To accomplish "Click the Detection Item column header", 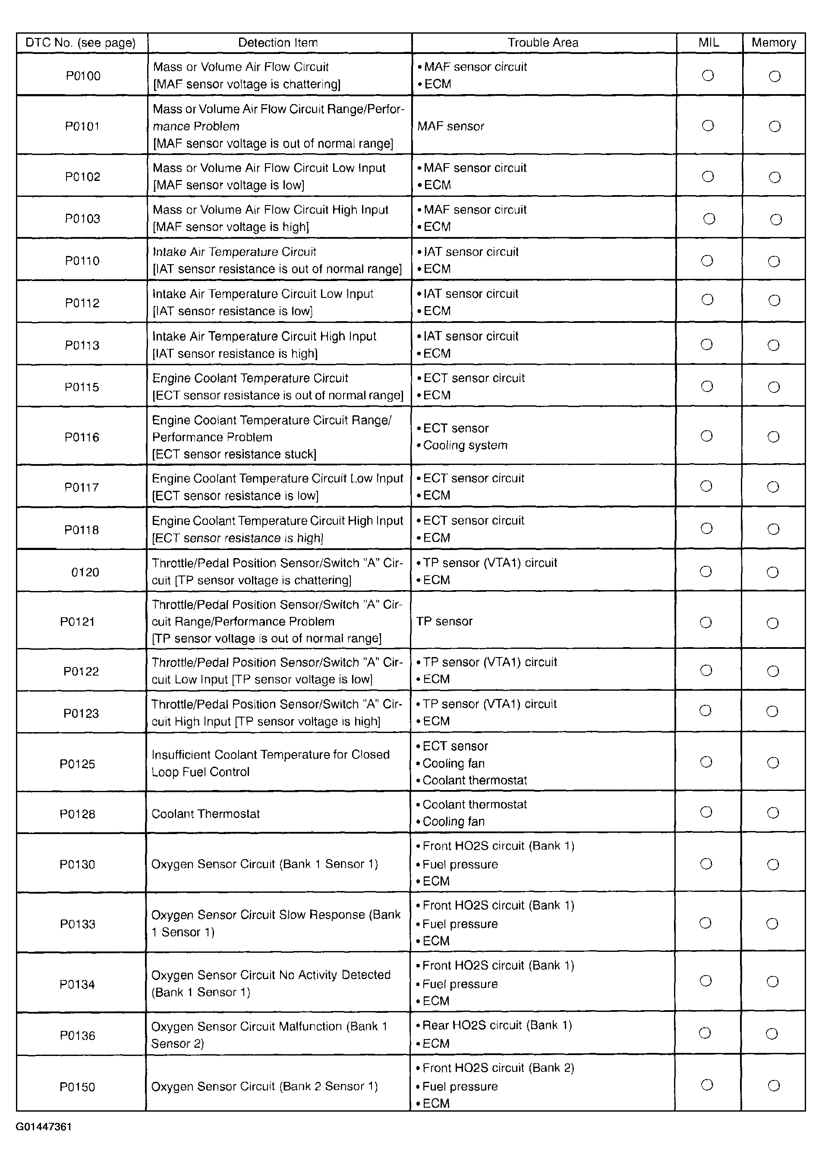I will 278,43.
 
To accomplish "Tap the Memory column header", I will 773,43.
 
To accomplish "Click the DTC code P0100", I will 83,76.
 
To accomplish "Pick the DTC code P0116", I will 82,437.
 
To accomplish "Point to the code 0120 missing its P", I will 85,572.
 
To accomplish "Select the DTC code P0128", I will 77,814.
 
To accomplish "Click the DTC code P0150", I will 77,1087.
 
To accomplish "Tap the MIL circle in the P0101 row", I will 708,126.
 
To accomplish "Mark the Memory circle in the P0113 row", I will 773,345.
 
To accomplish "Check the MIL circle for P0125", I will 706,762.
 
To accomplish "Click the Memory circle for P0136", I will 772,1034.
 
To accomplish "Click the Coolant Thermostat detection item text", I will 205,814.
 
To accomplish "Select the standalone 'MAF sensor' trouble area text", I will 450,126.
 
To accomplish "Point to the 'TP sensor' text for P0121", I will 444,622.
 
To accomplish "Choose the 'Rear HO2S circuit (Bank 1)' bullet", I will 497,1025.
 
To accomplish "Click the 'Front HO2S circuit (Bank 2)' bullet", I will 498,1068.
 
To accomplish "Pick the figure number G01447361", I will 44,1127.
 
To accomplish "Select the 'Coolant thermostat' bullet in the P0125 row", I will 474,781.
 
